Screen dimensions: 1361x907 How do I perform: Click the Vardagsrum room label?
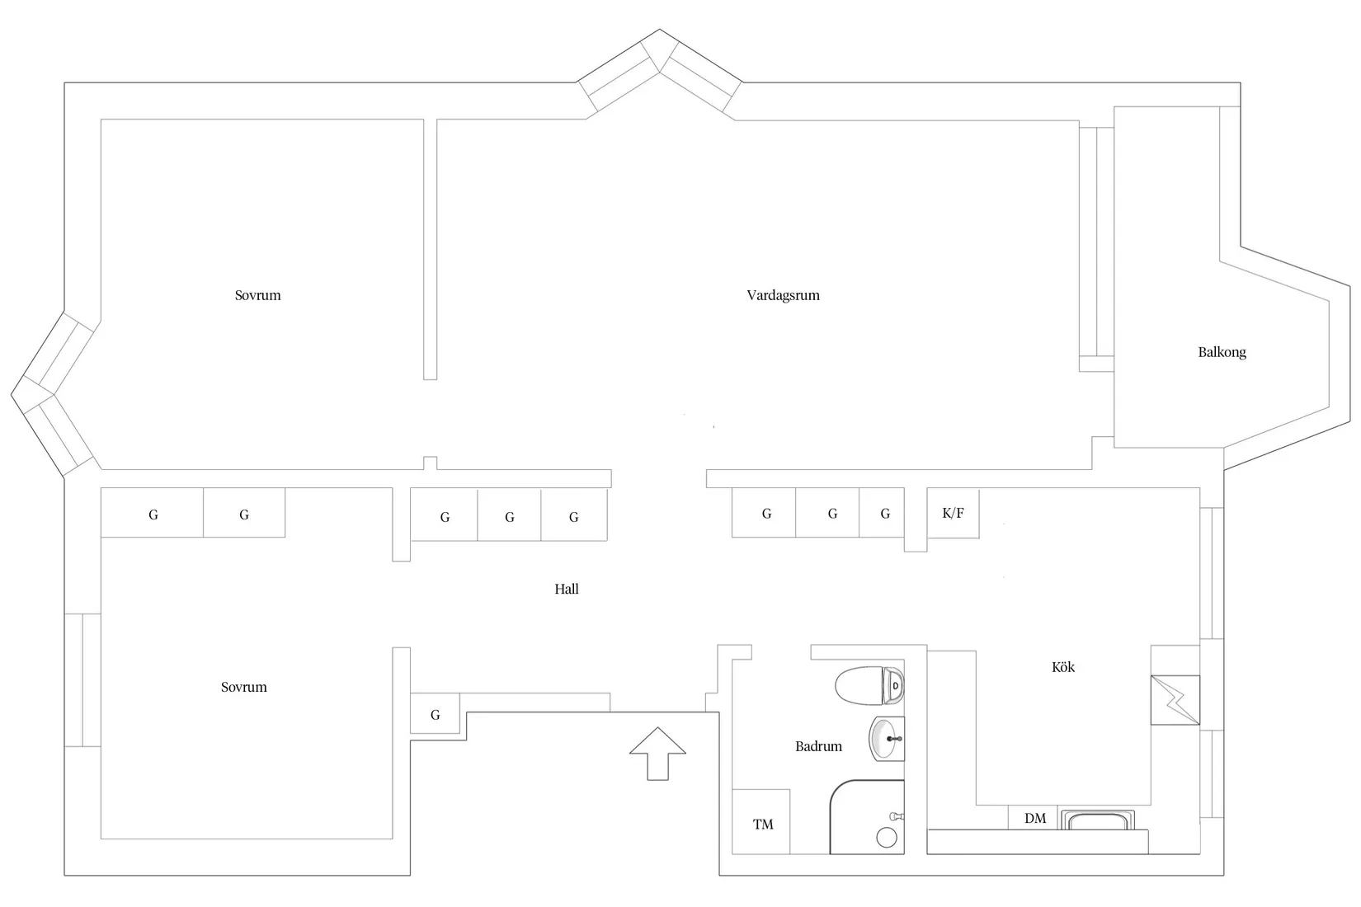783,295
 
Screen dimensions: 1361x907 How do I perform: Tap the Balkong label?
1222,352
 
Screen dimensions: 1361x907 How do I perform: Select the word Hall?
567,589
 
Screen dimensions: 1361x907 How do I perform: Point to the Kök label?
1062,666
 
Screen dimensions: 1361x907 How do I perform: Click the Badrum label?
818,746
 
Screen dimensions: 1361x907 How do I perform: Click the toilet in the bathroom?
869,685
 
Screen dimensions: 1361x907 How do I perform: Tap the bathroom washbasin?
887,739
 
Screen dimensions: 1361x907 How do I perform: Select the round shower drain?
887,838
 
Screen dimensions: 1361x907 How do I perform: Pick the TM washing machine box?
761,821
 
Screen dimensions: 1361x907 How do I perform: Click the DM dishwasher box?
1033,818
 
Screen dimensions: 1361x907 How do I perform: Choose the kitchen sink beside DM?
1098,820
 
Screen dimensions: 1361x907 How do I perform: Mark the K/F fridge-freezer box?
953,514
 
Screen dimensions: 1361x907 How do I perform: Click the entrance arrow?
657,754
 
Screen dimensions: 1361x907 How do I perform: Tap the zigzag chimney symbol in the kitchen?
1175,700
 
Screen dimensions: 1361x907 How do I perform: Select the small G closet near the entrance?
435,713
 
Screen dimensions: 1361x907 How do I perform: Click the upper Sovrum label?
257,295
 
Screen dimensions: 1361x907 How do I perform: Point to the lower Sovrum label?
243,687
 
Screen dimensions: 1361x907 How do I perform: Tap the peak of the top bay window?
659,29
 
